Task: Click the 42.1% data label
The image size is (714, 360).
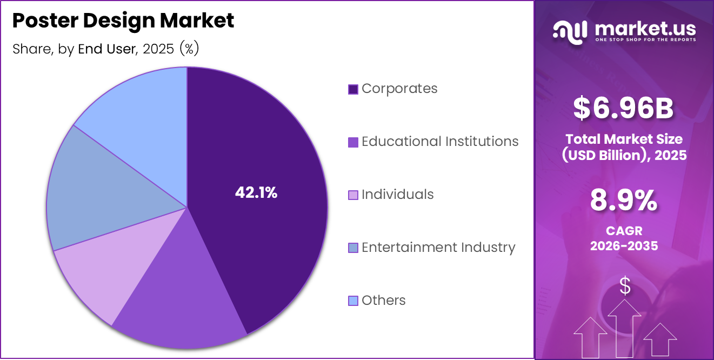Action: pos(256,192)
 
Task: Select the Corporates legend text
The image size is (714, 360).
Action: pos(399,89)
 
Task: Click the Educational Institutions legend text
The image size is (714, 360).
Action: pos(440,142)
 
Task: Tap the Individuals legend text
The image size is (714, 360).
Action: pos(397,195)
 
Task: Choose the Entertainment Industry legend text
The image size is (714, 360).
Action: pos(438,248)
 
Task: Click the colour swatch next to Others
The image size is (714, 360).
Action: pos(353,301)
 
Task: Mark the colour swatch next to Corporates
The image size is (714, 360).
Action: pos(353,89)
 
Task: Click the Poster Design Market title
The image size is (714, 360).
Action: pos(123,21)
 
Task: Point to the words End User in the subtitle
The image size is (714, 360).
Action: pos(106,49)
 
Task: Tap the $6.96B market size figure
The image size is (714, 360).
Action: pos(623,108)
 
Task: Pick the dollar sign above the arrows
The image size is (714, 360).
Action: pos(625,286)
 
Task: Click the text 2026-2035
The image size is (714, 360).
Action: pos(624,246)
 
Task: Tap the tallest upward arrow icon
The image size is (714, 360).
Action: pos(624,327)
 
